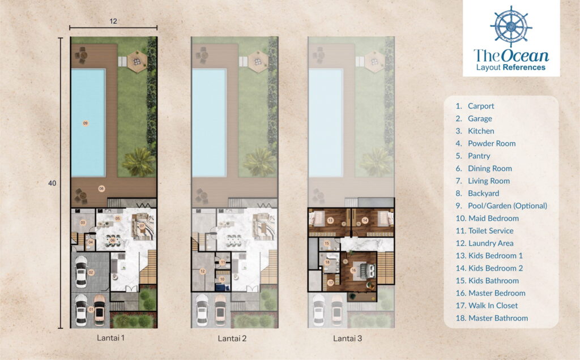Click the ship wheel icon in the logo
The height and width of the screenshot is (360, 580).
point(511,26)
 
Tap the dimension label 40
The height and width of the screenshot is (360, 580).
point(53,183)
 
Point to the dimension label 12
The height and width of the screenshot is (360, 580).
point(113,21)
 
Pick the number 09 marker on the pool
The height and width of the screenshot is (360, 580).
point(86,123)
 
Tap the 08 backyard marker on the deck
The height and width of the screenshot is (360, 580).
point(102,188)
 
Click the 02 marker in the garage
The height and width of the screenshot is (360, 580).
point(90,273)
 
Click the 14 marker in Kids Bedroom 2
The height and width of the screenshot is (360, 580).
point(365,220)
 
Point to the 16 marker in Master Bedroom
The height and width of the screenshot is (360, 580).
point(355,271)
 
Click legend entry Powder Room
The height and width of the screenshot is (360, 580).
point(491,143)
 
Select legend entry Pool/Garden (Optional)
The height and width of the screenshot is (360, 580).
point(507,205)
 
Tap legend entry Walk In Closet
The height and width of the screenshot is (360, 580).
point(493,305)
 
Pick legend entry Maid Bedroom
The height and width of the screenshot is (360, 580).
point(493,218)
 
